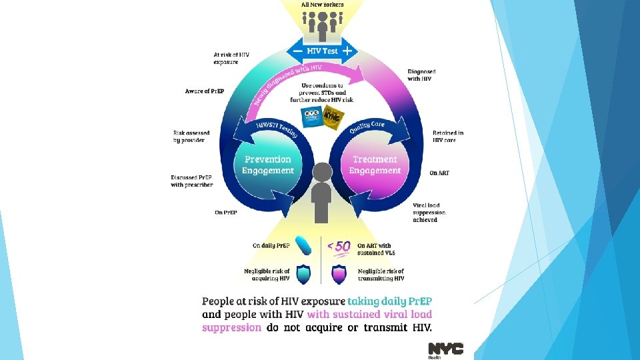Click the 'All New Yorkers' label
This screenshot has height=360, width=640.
(x=323, y=4)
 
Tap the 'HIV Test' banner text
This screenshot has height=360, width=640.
(x=323, y=51)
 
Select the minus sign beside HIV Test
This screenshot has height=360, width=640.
(x=297, y=51)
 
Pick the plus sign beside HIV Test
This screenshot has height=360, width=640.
(x=347, y=51)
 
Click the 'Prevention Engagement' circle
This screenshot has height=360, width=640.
(x=268, y=165)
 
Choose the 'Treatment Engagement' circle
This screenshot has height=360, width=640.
(x=375, y=165)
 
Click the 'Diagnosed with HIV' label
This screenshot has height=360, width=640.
(x=423, y=75)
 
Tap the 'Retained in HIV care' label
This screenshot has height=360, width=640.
(x=448, y=136)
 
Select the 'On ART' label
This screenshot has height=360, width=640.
(x=439, y=173)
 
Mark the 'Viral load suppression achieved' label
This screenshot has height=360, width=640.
(x=429, y=212)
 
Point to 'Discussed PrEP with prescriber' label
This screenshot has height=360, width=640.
(x=191, y=181)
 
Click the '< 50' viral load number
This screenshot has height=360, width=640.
(x=338, y=247)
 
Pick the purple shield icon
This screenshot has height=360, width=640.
(x=339, y=274)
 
